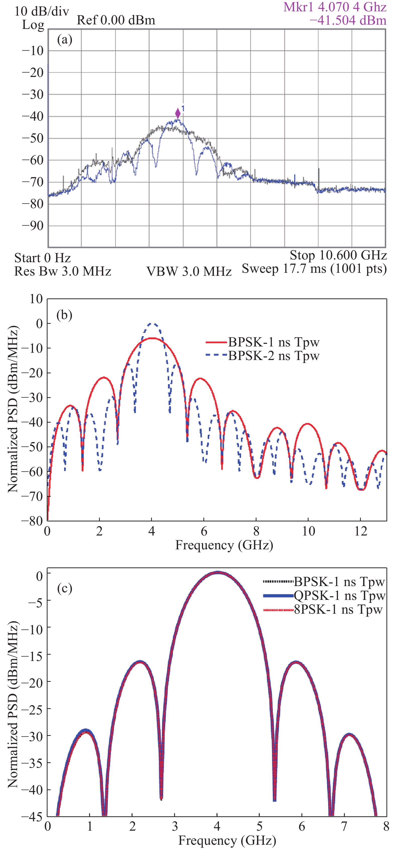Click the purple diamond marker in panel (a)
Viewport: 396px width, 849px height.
coord(178,113)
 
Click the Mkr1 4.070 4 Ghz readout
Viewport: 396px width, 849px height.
coord(335,7)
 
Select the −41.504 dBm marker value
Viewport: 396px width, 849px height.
coord(348,20)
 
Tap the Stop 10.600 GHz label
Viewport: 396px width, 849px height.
coord(338,255)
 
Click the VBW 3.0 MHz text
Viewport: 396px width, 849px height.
coord(189,272)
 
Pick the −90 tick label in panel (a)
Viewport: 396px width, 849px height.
coord(33,226)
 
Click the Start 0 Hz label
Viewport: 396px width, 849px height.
coord(42,258)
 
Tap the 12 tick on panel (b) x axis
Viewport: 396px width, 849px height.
coord(361,531)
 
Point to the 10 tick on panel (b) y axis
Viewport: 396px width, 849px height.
coord(36,299)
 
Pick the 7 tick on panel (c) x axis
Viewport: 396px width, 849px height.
coord(344,827)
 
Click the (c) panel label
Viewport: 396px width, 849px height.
coord(65,588)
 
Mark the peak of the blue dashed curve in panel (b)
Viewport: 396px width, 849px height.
coord(152,324)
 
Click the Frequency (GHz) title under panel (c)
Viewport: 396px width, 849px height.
coord(227,840)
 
